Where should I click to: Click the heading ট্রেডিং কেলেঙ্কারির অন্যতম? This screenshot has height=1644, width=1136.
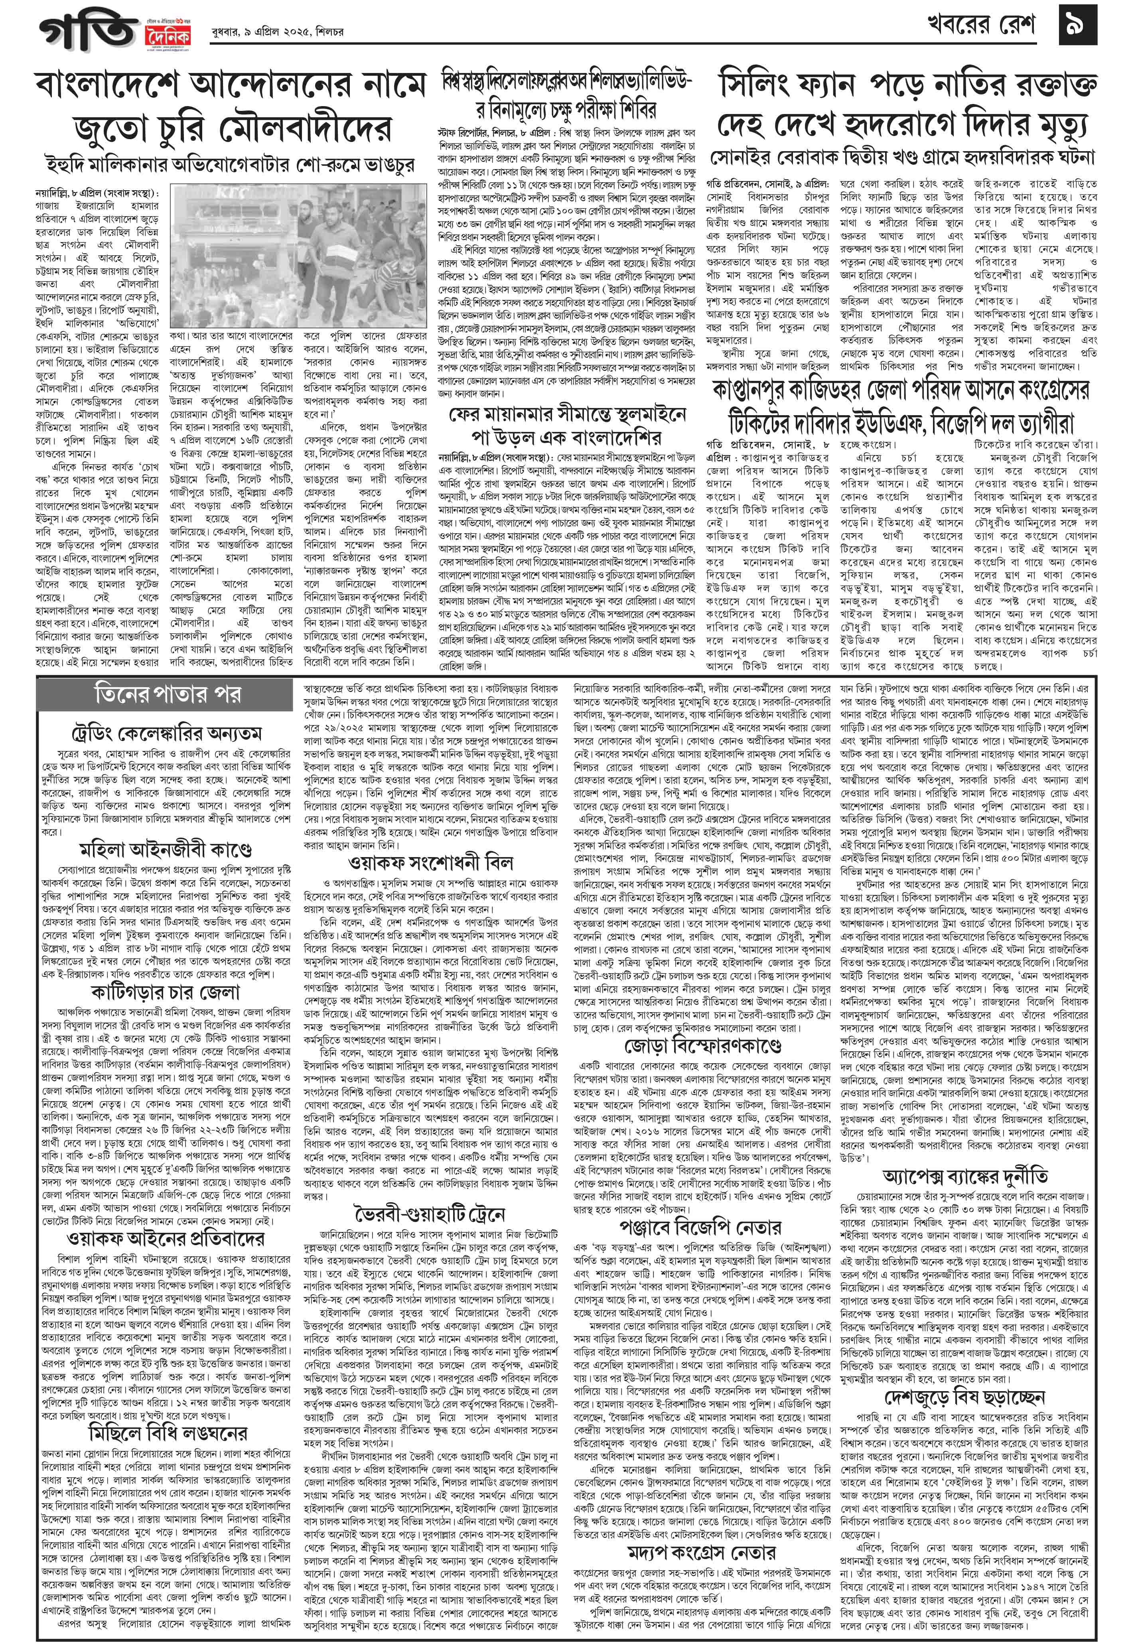168,732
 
